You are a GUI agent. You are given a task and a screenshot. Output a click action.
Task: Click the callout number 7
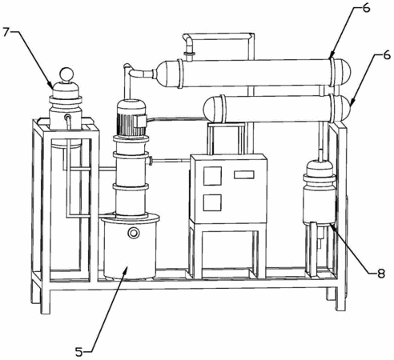[7, 32]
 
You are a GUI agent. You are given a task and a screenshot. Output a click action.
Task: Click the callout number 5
[79, 352]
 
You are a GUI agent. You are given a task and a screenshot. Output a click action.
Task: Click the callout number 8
[380, 273]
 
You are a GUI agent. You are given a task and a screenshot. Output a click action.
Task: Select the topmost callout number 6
[366, 8]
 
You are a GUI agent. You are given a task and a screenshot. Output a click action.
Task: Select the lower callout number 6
[386, 55]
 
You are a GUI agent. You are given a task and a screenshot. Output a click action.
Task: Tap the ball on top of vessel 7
[66, 74]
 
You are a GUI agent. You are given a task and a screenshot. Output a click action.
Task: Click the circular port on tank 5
[134, 233]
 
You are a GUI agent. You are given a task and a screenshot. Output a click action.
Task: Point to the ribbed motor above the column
[131, 118]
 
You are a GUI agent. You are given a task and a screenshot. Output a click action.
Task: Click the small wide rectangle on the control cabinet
[243, 174]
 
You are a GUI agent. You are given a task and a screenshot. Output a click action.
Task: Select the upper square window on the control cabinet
[212, 176]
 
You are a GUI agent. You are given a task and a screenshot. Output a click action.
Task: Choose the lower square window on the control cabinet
[212, 202]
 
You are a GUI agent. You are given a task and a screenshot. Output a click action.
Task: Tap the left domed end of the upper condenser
[167, 74]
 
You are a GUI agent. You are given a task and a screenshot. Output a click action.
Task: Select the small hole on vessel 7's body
[67, 117]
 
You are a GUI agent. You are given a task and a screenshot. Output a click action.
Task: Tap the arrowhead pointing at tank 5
[125, 270]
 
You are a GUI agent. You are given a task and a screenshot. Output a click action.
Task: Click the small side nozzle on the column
[150, 161]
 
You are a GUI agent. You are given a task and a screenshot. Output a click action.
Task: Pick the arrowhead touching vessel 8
[332, 226]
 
